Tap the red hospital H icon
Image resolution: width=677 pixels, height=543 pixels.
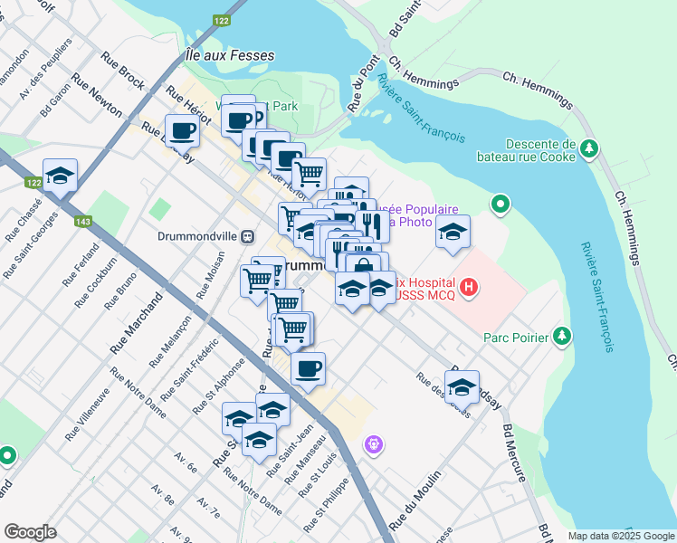pos(469,289)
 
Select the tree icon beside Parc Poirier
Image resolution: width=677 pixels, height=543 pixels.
pos(563,337)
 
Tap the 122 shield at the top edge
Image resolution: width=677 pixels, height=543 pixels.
pos(221,20)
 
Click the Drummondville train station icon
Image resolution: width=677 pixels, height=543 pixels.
pos(246,236)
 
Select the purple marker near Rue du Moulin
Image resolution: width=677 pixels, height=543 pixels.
pos(373,444)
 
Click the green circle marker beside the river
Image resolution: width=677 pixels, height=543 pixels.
pos(500,205)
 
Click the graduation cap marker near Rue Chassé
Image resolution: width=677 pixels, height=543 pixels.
pos(61,176)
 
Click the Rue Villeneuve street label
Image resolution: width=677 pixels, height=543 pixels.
pos(85,414)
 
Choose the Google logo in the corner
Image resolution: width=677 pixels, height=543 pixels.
pos(30,532)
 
